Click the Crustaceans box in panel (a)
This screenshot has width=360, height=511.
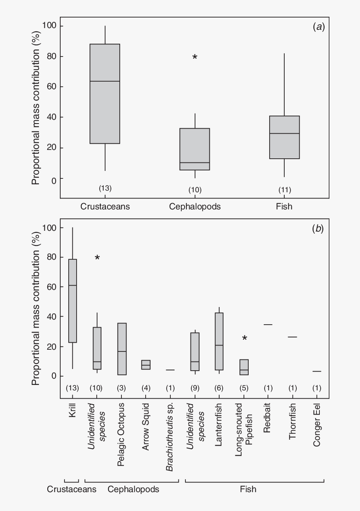pyautogui.click(x=105, y=94)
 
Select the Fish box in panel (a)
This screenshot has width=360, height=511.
pyautogui.click(x=284, y=137)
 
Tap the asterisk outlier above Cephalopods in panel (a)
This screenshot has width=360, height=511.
pyautogui.click(x=195, y=57)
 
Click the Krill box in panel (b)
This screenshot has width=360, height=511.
pyautogui.click(x=72, y=301)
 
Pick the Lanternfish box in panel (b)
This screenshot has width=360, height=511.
pyautogui.click(x=219, y=341)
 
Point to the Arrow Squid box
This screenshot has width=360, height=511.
pyautogui.click(x=146, y=365)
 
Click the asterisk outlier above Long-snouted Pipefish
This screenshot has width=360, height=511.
pyautogui.click(x=244, y=338)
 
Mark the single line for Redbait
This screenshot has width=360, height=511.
pyautogui.click(x=268, y=325)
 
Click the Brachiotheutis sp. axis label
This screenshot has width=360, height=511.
pyautogui.click(x=170, y=437)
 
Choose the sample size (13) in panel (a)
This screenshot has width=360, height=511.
pyautogui.click(x=105, y=188)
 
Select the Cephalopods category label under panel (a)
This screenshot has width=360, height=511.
pyautogui.click(x=195, y=206)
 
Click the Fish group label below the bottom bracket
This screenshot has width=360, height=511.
pyautogui.click(x=248, y=489)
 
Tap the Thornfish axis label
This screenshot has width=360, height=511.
pyautogui.click(x=293, y=427)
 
